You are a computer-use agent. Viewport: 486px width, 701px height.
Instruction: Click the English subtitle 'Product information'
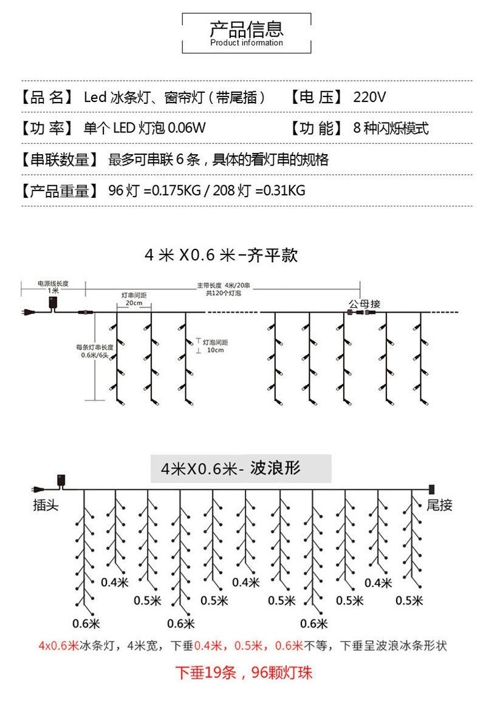[x=247, y=43]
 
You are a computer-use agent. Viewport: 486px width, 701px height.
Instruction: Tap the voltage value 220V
[x=369, y=97]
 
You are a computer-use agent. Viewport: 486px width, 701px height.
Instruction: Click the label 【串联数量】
[x=60, y=160]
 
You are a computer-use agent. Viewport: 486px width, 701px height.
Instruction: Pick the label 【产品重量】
[x=60, y=191]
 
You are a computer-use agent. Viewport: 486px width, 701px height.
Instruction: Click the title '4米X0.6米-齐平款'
[x=221, y=255]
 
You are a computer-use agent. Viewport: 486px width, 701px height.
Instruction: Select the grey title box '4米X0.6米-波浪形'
[x=241, y=469]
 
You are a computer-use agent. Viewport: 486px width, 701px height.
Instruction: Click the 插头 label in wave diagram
[x=46, y=505]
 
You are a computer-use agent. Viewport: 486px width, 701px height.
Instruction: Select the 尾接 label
[x=439, y=505]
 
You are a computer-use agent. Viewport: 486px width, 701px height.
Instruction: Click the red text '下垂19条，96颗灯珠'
[x=244, y=673]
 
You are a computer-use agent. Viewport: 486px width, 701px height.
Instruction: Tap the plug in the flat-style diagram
[x=28, y=313]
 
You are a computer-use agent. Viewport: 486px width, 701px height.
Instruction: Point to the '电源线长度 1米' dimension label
[x=53, y=287]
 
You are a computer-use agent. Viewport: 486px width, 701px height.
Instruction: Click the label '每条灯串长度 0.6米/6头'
[x=94, y=351]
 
